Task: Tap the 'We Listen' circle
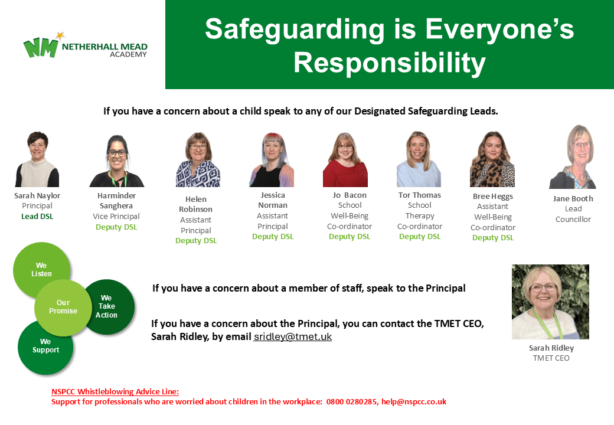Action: pos(41,270)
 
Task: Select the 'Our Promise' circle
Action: pos(63,308)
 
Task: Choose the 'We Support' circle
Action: pos(45,346)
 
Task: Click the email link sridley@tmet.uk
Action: pos(292,337)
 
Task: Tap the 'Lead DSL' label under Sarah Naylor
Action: pos(37,217)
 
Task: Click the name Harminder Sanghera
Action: pos(116,201)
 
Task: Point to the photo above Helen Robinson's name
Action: pos(198,159)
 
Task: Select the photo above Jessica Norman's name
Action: pos(272,159)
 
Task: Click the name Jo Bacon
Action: pos(350,195)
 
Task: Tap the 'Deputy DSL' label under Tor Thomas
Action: pos(420,237)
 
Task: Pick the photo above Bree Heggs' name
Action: pos(492,159)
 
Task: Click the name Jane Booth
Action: pos(573,199)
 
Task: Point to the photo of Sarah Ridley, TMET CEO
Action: pos(551,302)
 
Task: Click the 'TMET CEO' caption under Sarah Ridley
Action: pos(551,358)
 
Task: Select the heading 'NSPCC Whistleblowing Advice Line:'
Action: pos(115,392)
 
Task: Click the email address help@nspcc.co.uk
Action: pos(414,402)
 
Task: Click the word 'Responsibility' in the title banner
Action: pos(390,63)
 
